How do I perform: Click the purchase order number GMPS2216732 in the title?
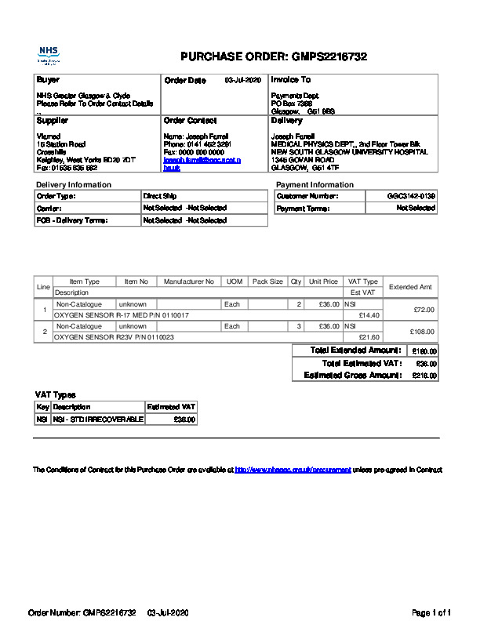click(329, 56)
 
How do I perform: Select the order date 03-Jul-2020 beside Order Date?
click(242, 80)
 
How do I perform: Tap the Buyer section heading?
click(47, 80)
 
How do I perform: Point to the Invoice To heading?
click(290, 80)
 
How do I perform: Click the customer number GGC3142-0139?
click(411, 195)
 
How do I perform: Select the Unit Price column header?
click(323, 281)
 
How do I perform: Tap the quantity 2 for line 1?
click(299, 304)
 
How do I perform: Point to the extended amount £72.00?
click(423, 310)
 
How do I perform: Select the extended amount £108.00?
click(421, 332)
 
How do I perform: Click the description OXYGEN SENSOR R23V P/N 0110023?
click(114, 337)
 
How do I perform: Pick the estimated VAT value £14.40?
click(369, 315)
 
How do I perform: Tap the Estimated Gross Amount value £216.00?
click(425, 376)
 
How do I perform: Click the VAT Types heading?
click(56, 394)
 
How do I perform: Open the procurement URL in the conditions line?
click(293, 470)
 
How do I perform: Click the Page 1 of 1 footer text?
click(431, 612)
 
